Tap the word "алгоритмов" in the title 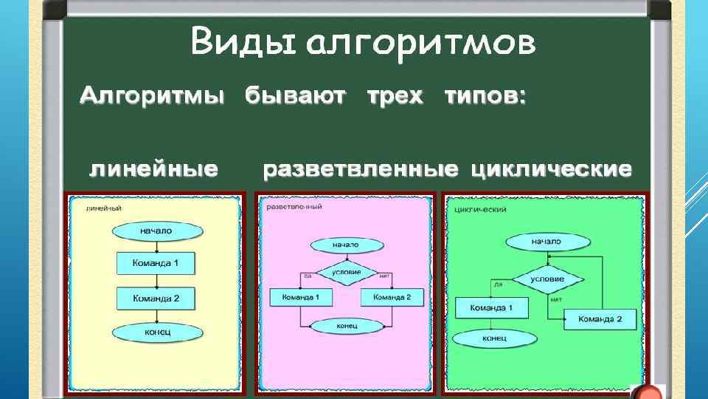[x=420, y=44]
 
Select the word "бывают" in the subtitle [x=295, y=96]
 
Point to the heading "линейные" [x=153, y=169]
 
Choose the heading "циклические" [x=551, y=170]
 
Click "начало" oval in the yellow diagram [x=156, y=231]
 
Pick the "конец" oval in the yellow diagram [x=156, y=332]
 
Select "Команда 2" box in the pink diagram [x=392, y=297]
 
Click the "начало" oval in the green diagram [x=546, y=242]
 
